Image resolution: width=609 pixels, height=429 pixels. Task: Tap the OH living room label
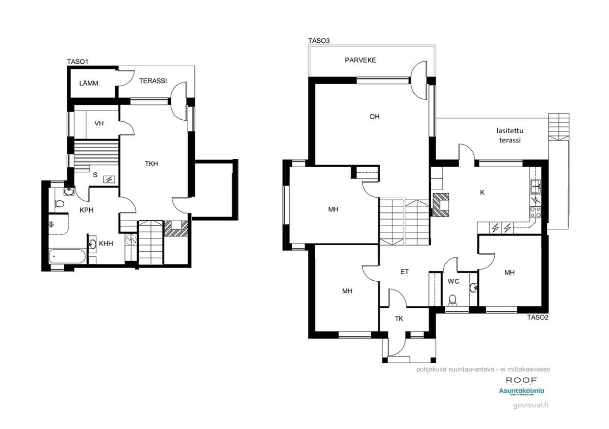(374, 117)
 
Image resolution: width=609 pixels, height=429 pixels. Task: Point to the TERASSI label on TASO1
(154, 81)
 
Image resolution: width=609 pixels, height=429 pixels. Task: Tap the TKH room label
(151, 164)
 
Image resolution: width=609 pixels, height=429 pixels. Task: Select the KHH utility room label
(106, 244)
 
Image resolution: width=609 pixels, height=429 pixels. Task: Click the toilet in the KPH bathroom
(59, 205)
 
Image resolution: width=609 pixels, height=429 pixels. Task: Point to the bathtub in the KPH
(68, 257)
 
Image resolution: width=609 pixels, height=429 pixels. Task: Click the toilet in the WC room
(452, 300)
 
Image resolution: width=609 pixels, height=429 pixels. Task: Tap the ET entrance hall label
(404, 272)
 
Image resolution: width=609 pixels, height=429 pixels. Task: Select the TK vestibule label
(399, 319)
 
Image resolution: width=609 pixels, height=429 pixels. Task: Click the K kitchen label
(482, 193)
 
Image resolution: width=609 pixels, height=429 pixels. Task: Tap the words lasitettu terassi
(510, 135)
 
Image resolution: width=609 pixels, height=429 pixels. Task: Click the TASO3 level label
(319, 41)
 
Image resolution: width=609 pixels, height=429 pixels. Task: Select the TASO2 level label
(537, 317)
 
